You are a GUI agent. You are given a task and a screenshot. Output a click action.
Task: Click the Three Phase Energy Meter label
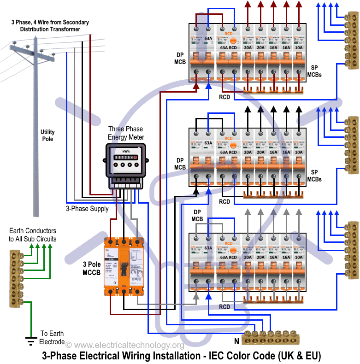point(125,133)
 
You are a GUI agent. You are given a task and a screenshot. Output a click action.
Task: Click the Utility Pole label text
point(47,135)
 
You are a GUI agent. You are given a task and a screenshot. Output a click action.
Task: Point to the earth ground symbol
point(31,341)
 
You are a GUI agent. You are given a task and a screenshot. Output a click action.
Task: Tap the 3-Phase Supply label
point(87,208)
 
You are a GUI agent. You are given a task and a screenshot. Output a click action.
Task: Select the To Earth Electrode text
point(52,337)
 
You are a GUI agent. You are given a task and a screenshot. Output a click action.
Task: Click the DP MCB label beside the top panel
point(180,58)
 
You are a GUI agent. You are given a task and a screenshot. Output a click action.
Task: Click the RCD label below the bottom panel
point(224,307)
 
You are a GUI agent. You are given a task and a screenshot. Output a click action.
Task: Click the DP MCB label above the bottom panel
point(197,215)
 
